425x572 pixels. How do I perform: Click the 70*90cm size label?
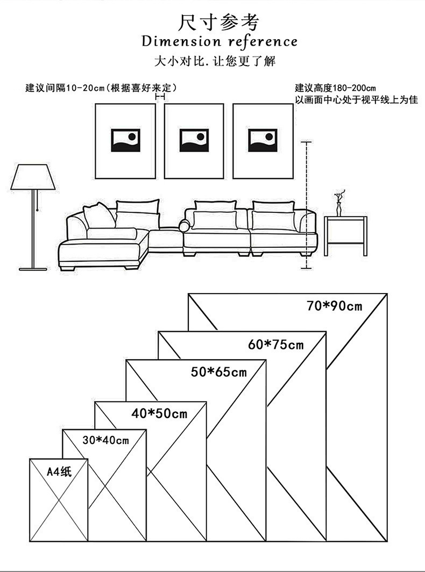pyautogui.click(x=334, y=306)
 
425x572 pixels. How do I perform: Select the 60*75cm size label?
pyautogui.click(x=276, y=345)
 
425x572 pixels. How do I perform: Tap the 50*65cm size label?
pyautogui.click(x=218, y=371)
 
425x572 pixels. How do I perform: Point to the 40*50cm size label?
pyautogui.click(x=159, y=413)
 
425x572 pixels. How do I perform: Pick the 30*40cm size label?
pyautogui.click(x=106, y=440)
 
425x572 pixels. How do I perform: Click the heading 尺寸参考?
pyautogui.click(x=219, y=23)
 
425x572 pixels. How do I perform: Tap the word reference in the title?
pyautogui.click(x=263, y=41)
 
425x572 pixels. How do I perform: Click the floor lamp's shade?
pyautogui.click(x=33, y=177)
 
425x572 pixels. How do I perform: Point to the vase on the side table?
pyautogui.click(x=339, y=204)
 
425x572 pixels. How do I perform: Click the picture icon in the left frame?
pyautogui.click(x=125, y=140)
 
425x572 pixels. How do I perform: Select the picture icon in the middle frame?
pyautogui.click(x=194, y=140)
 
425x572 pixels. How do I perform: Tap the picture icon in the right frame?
pyautogui.click(x=263, y=140)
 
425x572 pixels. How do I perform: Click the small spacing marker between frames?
pyautogui.click(x=160, y=97)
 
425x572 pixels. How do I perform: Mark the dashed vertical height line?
pyautogui.click(x=306, y=204)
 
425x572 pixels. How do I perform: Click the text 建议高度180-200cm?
pyautogui.click(x=335, y=88)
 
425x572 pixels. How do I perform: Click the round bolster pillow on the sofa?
pyautogui.click(x=185, y=226)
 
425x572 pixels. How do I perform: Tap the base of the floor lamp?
pyautogui.click(x=33, y=268)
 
